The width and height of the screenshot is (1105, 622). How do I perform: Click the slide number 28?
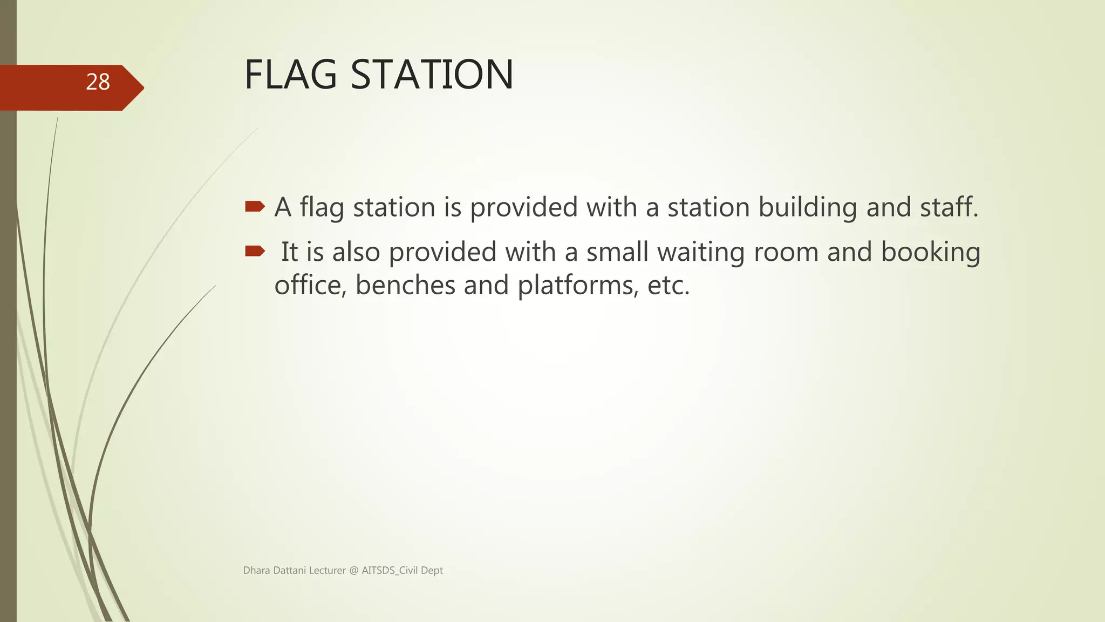click(98, 82)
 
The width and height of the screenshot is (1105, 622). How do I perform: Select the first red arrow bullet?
click(255, 206)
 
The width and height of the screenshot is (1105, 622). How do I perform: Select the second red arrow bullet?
click(255, 251)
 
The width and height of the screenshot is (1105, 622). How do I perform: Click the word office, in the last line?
click(310, 285)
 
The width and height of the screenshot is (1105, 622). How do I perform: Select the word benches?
click(405, 285)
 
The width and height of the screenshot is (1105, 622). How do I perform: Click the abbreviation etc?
click(669, 286)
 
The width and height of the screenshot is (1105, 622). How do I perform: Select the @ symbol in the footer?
click(354, 571)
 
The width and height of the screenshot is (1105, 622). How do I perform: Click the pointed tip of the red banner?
click(141, 87)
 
